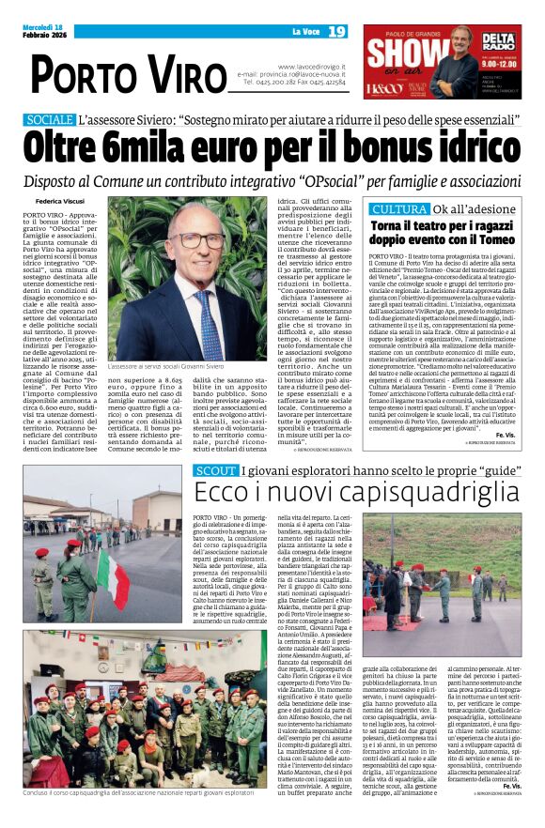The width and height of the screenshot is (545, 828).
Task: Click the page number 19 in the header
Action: coord(337,33)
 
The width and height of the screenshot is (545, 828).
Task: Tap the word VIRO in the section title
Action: coord(163,73)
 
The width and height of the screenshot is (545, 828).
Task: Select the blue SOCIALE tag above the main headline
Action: coord(49,120)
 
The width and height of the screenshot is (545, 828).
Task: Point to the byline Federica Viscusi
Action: coord(59,202)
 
